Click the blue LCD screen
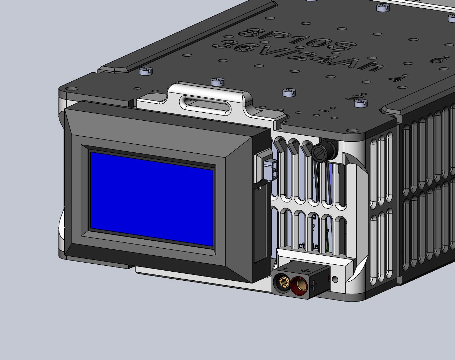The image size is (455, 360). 152,199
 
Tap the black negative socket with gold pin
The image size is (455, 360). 282,282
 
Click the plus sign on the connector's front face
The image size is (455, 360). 314,286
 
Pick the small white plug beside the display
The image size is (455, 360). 270,170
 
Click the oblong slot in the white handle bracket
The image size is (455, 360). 205,106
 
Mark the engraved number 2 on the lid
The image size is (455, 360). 355,97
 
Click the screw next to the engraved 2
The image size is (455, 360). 360,103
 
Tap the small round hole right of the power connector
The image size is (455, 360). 335,279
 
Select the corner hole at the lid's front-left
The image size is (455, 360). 71,89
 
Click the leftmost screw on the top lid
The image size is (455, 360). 146,71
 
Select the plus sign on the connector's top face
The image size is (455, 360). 306,270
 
